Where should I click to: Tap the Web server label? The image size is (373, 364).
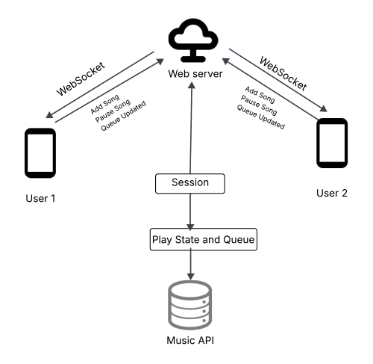tap(195, 74)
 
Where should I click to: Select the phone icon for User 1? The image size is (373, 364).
tap(40, 153)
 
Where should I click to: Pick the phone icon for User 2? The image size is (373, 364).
tap(332, 143)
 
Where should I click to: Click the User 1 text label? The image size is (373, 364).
tap(40, 198)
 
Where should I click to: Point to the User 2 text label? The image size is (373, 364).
tap(332, 193)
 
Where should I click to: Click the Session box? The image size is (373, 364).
tap(190, 183)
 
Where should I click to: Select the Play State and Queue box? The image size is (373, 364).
tap(204, 239)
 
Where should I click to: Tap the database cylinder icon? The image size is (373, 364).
tap(190, 305)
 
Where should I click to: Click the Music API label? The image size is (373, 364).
tap(190, 340)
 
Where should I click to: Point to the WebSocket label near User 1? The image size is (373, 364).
tap(81, 78)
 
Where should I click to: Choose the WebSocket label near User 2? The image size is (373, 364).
tap(283, 74)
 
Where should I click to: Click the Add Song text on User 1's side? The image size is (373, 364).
tap(105, 104)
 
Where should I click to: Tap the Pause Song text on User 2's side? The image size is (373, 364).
tap(259, 105)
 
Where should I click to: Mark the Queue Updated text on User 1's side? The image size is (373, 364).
tap(123, 116)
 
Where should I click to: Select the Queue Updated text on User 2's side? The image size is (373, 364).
tap(260, 117)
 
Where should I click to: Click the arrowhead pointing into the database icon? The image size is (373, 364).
tap(190, 277)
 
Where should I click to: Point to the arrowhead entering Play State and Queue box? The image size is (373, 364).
tap(190, 227)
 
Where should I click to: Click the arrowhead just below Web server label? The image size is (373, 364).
tap(192, 85)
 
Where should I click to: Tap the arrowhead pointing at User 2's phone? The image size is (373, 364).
tap(324, 108)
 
